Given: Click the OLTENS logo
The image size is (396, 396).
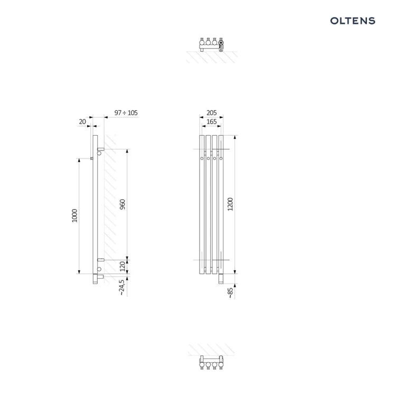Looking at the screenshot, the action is pos(353,21).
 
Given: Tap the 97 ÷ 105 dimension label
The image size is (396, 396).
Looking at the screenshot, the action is pos(126,112).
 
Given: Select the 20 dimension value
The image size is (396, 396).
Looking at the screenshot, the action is pos(82,122).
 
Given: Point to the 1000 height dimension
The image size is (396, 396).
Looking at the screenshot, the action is pos(74,215).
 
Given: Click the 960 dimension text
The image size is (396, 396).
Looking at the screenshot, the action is pos(122,204).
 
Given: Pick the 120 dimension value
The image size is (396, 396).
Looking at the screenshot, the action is pos(122,267).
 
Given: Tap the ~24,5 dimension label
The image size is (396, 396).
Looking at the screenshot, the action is pos(122,287).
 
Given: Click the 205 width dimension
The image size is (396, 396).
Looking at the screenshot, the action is pos(212,112).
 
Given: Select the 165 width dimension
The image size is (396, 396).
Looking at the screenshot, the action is pos(212,122).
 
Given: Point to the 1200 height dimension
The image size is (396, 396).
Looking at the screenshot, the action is pos(230,204).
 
